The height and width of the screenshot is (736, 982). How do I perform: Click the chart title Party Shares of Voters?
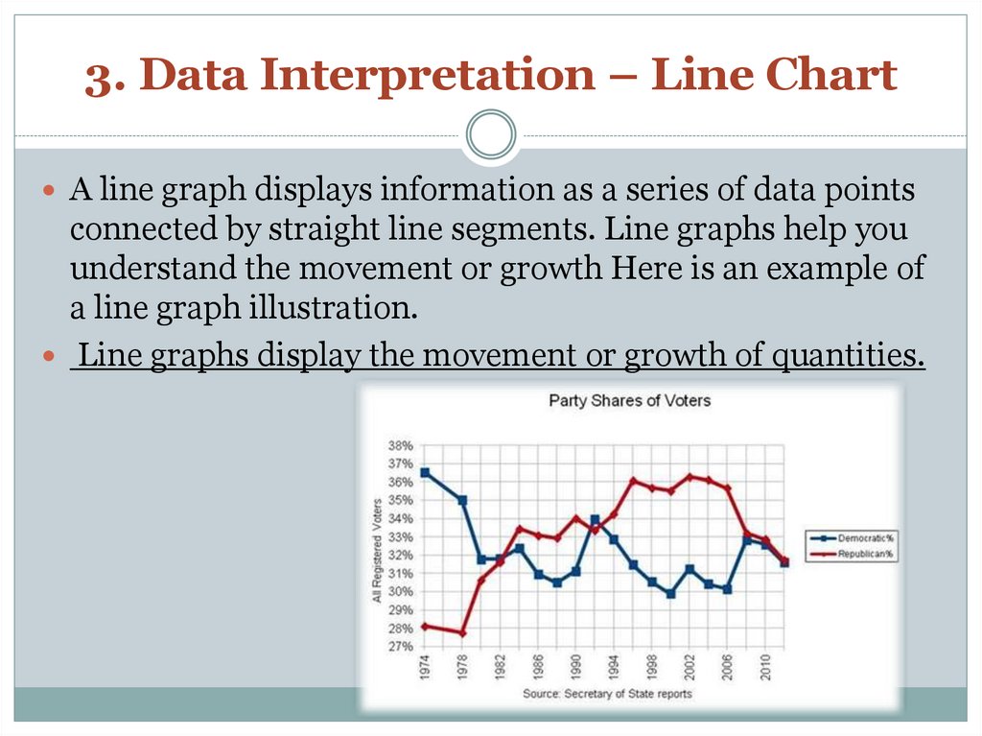(x=629, y=400)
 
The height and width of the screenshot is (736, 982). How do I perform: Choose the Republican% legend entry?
(x=861, y=555)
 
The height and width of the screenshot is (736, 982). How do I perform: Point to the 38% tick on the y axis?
(x=400, y=446)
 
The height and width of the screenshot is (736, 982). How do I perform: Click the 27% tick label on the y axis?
(x=400, y=647)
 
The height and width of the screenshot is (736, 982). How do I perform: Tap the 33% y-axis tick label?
(x=400, y=537)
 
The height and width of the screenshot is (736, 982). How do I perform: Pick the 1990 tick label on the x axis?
(x=576, y=668)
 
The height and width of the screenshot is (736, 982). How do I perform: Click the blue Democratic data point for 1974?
(x=425, y=472)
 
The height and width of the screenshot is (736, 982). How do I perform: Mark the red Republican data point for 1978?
(x=462, y=633)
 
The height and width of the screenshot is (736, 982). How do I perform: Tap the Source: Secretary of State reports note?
(x=606, y=693)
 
